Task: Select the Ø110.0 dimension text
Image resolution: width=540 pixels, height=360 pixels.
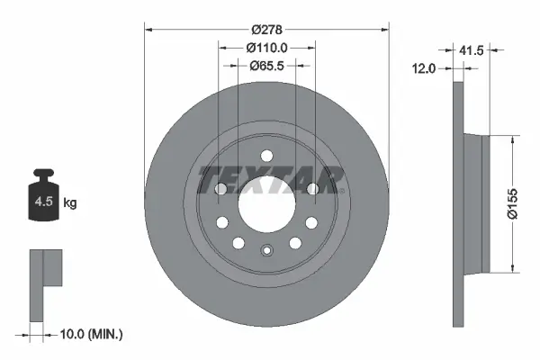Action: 266,47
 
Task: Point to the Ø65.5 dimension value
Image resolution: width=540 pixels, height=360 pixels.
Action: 266,65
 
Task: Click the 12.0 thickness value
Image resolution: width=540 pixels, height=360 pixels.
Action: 425,67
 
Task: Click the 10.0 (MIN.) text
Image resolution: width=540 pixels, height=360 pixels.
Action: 90,334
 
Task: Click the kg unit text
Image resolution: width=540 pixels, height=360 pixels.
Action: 70,203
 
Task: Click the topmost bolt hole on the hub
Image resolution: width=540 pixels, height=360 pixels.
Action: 266,154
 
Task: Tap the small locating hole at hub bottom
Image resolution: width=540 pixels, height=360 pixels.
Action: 266,251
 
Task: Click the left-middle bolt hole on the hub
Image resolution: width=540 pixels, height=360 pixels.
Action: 221,189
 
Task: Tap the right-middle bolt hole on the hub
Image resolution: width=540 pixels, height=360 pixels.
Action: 311,189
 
